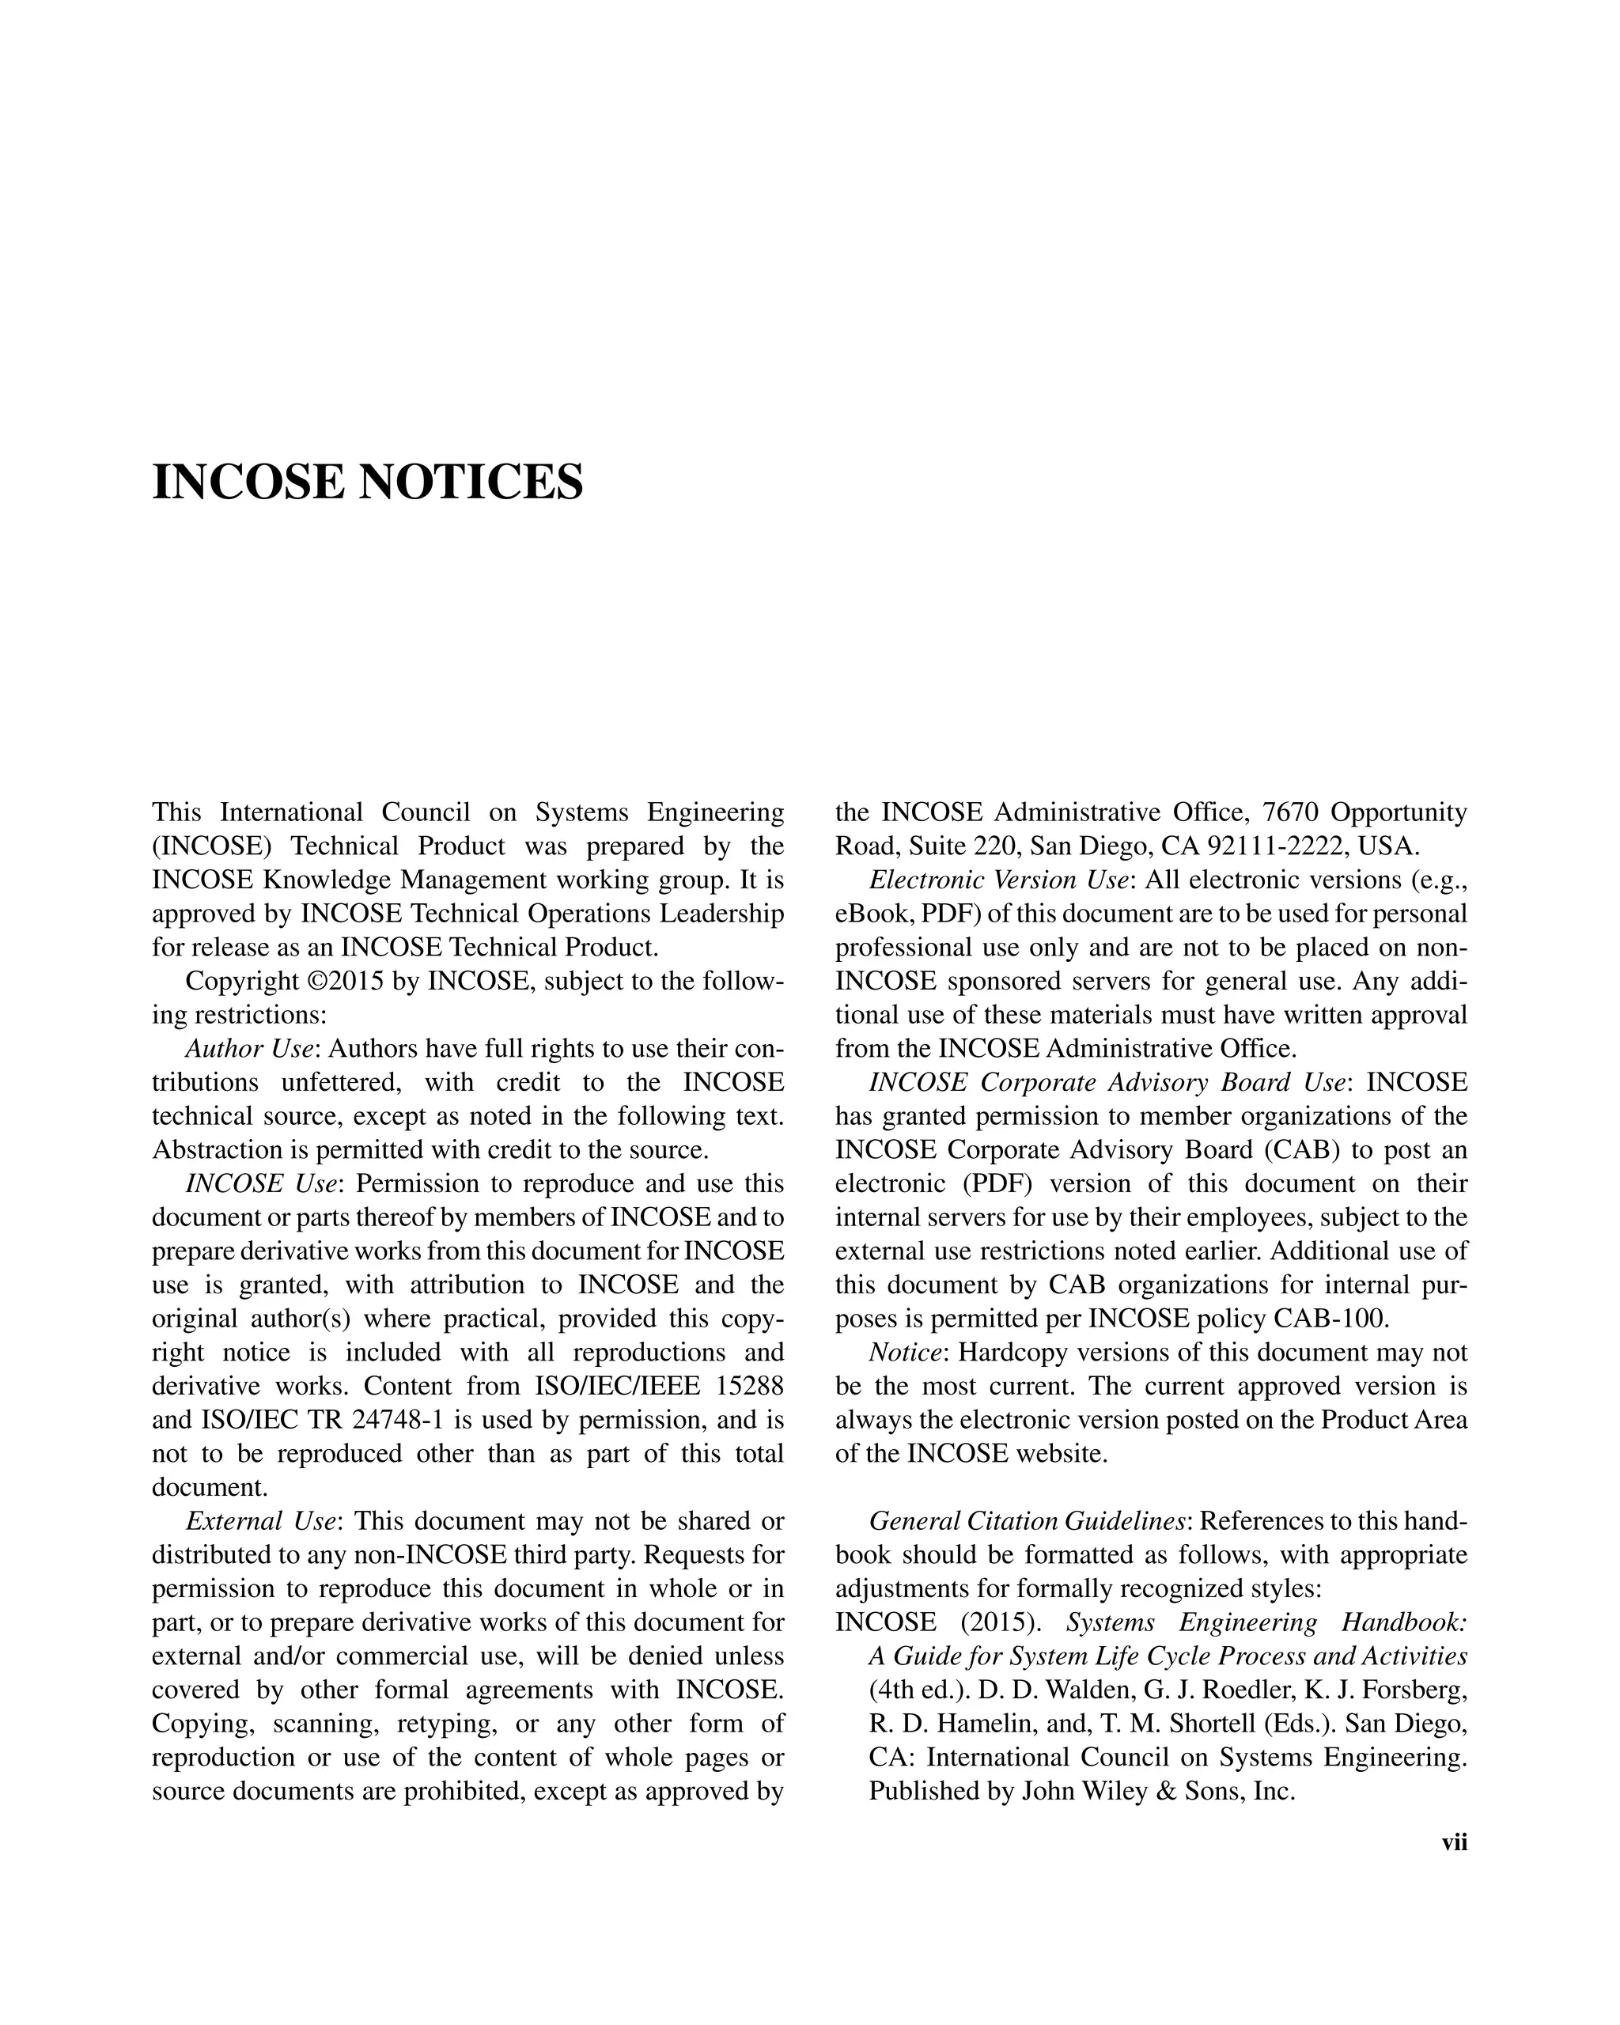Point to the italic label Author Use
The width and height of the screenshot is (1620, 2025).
tap(248, 1049)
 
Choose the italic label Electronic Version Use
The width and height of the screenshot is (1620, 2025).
tap(998, 880)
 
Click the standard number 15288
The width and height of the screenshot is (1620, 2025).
tap(749, 1387)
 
